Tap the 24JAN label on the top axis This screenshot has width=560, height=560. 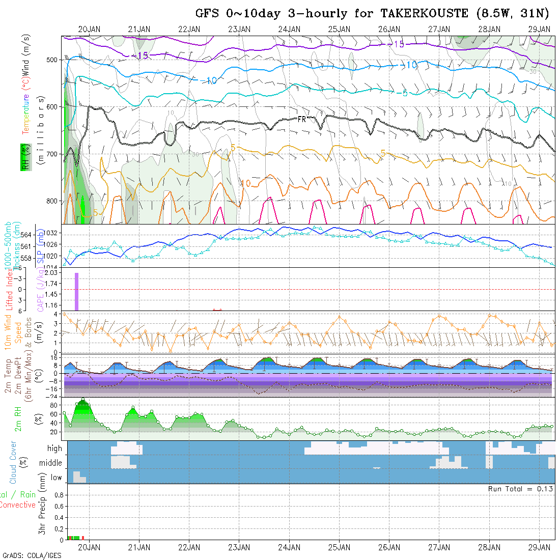(289, 29)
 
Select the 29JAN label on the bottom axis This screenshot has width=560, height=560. (539, 547)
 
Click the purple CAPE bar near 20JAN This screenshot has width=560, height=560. (77, 291)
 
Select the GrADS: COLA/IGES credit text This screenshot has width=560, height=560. (32, 555)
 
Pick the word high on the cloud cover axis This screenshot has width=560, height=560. (54, 449)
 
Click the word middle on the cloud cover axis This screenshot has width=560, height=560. (51, 463)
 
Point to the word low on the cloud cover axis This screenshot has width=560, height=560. (56, 478)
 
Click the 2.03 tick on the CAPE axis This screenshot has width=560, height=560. (50, 273)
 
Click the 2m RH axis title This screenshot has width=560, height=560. (18, 418)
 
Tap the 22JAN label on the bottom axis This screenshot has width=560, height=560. (189, 547)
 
